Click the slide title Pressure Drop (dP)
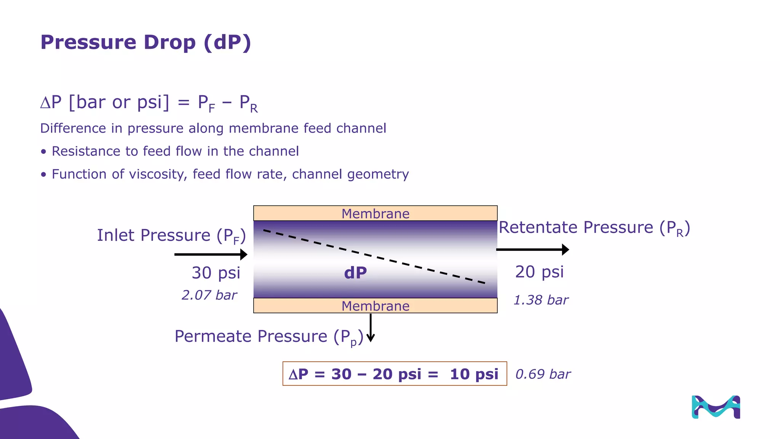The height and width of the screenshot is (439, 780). pos(145,42)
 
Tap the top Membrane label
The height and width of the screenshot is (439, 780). pos(375,214)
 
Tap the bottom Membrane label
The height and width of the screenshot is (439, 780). pos(375,306)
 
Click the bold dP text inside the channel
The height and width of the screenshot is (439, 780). pos(355,273)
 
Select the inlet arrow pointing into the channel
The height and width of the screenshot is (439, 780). pos(211,254)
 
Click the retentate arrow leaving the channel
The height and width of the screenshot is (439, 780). pos(532,250)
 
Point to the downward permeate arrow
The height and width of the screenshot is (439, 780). pos(371,328)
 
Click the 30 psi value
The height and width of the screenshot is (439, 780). pos(216,273)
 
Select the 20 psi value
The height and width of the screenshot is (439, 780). pos(539,272)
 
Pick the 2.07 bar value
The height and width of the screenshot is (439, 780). pos(209,295)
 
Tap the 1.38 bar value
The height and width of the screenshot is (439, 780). pos(541,300)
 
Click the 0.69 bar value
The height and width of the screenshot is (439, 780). pos(543,374)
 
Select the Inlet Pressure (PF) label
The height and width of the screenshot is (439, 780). pos(171,236)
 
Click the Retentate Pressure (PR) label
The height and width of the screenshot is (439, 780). pos(594,228)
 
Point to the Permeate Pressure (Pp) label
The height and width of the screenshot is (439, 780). pos(269,336)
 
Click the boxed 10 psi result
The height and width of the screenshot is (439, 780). pos(474,374)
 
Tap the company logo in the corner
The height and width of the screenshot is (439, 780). pos(716,407)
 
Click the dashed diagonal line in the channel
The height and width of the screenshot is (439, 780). pos(374,257)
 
